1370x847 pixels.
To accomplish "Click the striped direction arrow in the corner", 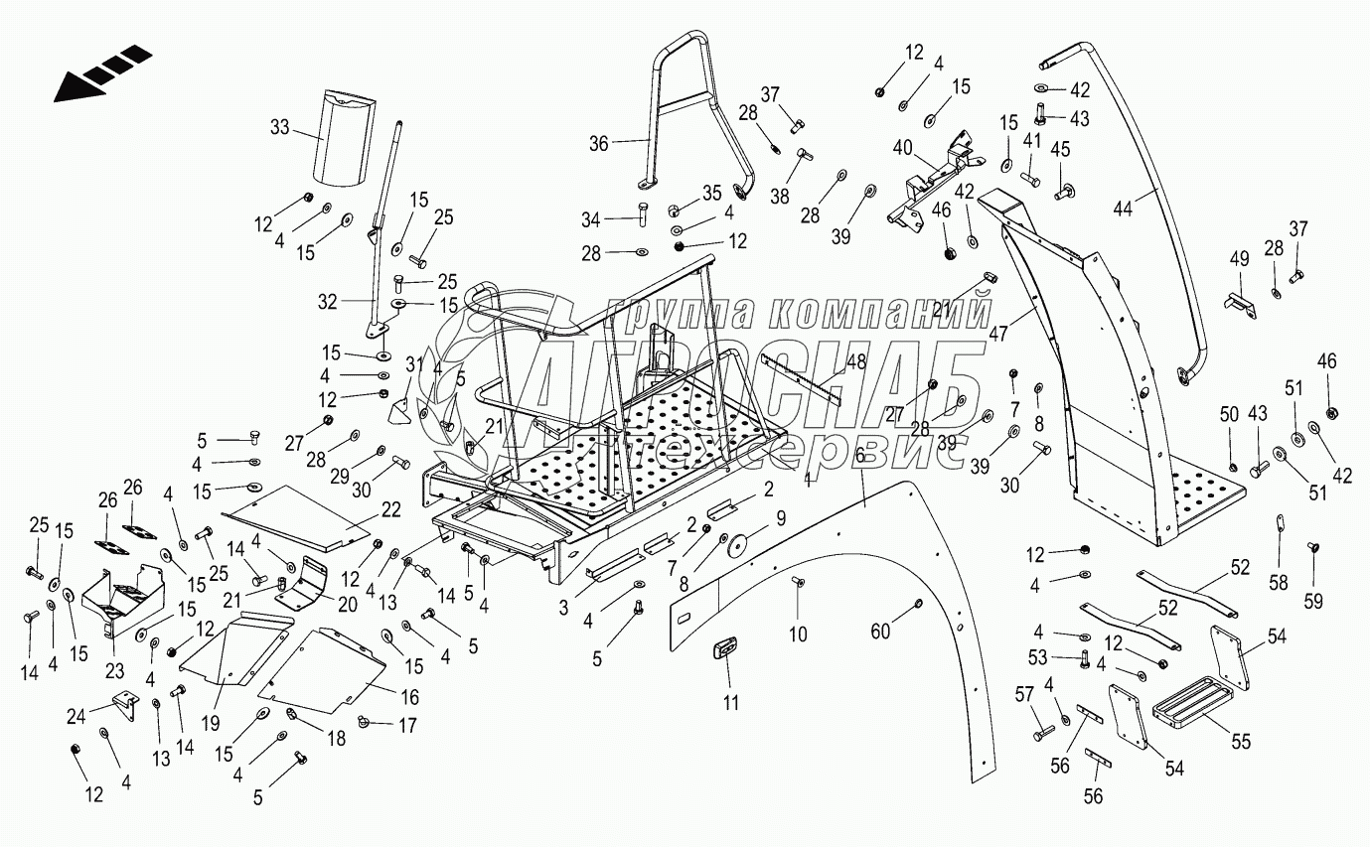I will [x=99, y=73].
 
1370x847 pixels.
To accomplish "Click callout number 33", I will [x=280, y=127].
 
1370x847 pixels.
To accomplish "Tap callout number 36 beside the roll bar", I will [x=598, y=143].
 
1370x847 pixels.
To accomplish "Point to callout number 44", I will [x=1123, y=209].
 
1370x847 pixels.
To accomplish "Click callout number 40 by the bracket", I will [x=902, y=148].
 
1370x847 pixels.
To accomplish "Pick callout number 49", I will [x=1239, y=259].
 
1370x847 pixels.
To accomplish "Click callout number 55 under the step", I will [x=1241, y=741].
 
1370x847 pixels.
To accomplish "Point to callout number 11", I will [x=730, y=704].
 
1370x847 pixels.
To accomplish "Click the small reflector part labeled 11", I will [x=725, y=648].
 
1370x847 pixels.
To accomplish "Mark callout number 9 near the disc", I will [x=780, y=516].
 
